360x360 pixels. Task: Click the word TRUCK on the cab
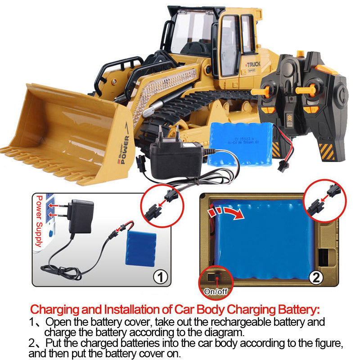click(253, 65)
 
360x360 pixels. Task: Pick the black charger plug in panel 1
click(80, 216)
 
